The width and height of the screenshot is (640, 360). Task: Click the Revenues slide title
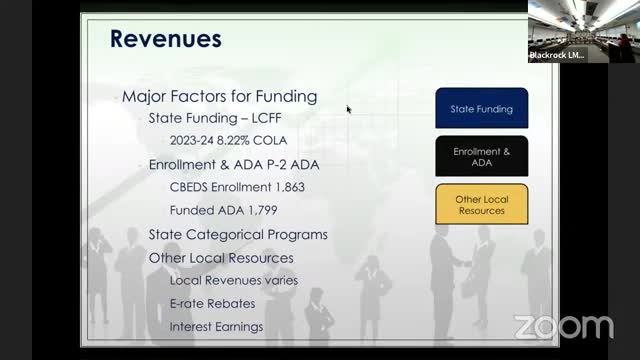tap(165, 39)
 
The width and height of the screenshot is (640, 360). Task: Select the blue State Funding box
tap(481, 108)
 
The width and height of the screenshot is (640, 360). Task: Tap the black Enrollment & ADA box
tap(481, 156)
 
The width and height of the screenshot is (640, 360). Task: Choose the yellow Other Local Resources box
tap(481, 205)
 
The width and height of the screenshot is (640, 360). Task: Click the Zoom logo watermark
tap(563, 327)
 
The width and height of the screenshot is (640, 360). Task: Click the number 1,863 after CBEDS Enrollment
tap(285, 187)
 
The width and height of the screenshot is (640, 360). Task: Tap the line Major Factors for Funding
tap(219, 97)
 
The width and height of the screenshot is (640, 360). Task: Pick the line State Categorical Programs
tap(238, 235)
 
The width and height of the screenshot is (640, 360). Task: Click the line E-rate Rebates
tap(212, 303)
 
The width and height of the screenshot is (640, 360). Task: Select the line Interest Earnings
tap(216, 326)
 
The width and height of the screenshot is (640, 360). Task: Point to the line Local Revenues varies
tap(233, 281)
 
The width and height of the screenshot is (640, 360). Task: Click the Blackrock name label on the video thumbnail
tap(557, 55)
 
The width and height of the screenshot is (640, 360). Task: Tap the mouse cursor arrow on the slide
tap(348, 109)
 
